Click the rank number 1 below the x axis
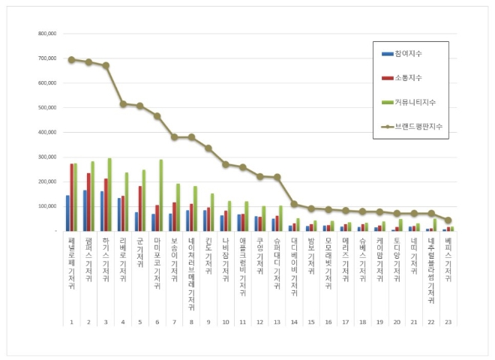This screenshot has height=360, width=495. (71, 322)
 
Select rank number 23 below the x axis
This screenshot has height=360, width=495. (448, 322)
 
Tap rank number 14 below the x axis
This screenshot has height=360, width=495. (294, 322)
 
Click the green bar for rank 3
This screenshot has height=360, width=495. (109, 194)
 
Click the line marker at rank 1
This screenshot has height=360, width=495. (71, 59)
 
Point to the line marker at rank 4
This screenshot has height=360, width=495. (123, 103)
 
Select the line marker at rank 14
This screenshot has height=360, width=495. (294, 204)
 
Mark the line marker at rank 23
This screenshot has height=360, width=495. (448, 220)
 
